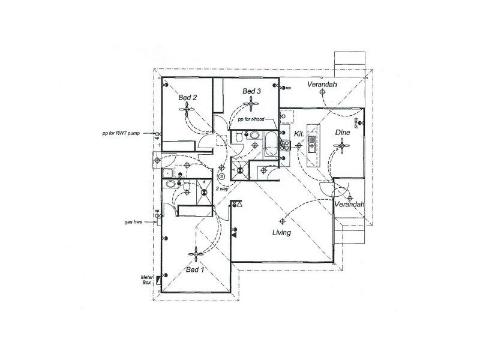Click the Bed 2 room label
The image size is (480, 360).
[x=188, y=97]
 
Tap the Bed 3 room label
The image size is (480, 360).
[x=251, y=91]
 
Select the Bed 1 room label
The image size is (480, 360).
[x=194, y=270]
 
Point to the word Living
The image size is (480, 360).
[x=281, y=232]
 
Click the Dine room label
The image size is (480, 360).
[x=342, y=133]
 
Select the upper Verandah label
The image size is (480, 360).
[x=322, y=85]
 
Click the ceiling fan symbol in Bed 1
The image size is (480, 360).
[x=194, y=256]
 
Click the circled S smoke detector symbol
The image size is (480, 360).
[x=222, y=176]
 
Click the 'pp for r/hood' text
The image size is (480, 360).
[x=251, y=120]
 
